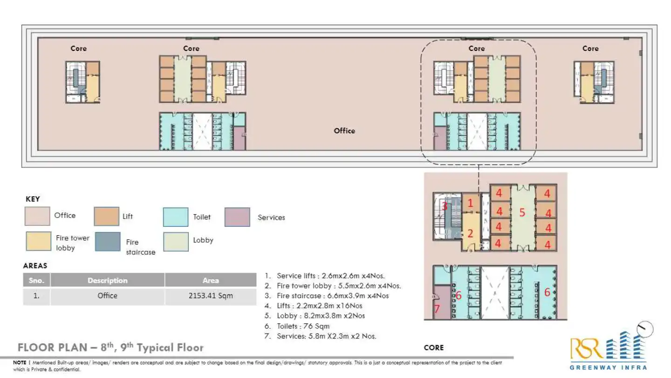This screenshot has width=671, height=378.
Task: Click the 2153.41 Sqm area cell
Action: click(211, 296)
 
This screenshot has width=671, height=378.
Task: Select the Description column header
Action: click(107, 280)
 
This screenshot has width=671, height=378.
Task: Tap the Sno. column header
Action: click(36, 280)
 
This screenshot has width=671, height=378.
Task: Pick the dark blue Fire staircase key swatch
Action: click(107, 242)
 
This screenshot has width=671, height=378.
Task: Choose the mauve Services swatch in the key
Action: click(237, 217)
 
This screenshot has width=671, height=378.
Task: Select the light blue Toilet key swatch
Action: click(176, 217)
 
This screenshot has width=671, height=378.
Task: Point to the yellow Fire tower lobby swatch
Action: click(37, 242)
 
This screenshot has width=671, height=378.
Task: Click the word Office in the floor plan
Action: click(344, 131)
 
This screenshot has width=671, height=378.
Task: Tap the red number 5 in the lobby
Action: click(522, 213)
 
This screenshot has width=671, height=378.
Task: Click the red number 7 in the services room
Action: click(437, 308)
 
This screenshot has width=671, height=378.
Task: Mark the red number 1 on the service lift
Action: click(470, 203)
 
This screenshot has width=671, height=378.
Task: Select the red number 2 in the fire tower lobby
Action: click(470, 233)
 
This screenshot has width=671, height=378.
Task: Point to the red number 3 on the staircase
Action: click(445, 206)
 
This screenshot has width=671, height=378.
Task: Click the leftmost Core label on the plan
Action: click(78, 49)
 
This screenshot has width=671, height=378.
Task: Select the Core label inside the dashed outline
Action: click(476, 49)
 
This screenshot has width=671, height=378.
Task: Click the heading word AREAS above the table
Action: click(35, 266)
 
